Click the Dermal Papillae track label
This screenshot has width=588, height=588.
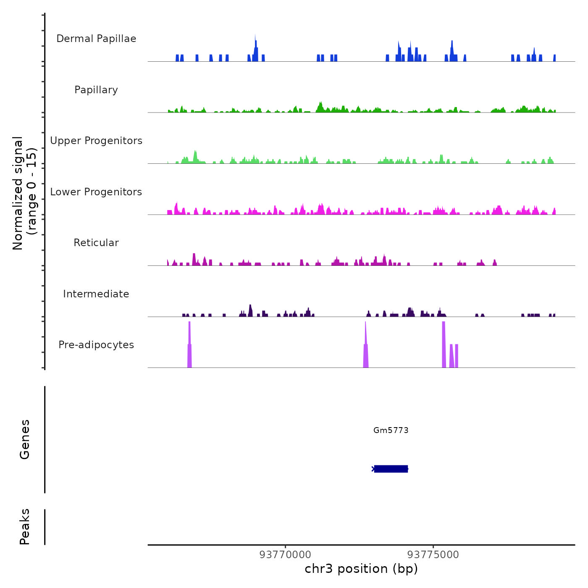click(96, 39)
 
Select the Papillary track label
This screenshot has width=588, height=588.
click(96, 90)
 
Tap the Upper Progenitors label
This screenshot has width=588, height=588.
click(96, 141)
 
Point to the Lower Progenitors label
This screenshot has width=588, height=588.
click(96, 192)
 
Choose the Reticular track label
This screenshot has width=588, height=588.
click(96, 243)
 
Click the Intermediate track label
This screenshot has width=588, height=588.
click(96, 294)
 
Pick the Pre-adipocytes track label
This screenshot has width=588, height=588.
click(96, 345)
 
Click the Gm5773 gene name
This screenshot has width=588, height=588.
click(391, 430)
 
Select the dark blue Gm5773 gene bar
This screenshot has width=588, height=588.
click(391, 469)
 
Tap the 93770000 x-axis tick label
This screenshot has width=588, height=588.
click(285, 554)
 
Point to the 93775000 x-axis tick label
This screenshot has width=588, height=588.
click(433, 554)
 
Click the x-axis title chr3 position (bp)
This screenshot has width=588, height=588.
click(361, 569)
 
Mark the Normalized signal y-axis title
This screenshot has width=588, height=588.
click(25, 193)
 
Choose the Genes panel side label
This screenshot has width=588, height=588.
click(25, 439)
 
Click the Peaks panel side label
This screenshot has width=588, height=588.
click(25, 527)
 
